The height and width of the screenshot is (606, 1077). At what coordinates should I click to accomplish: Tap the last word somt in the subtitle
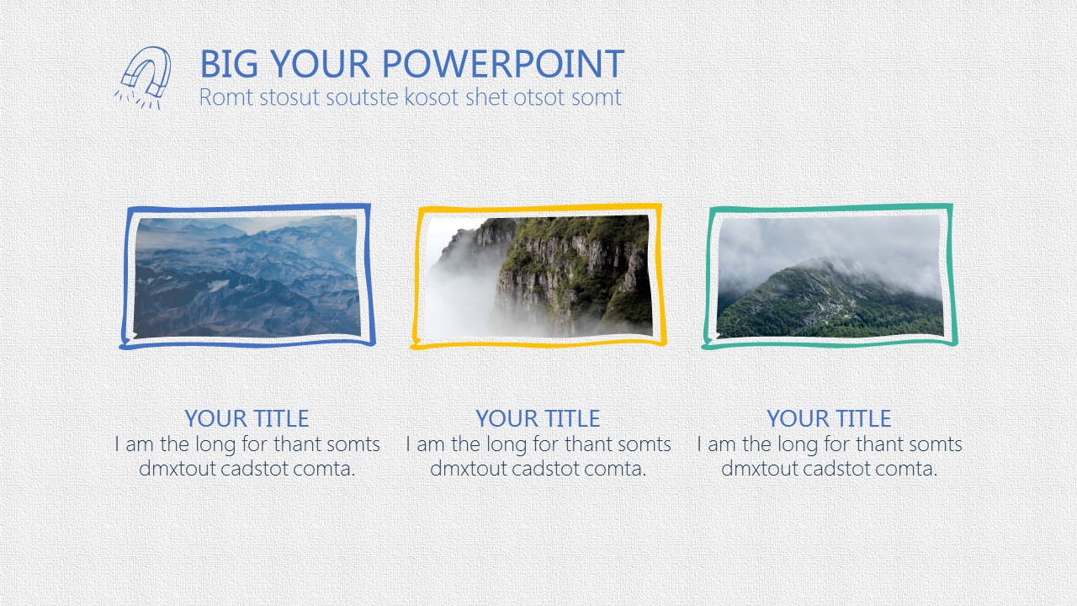597,98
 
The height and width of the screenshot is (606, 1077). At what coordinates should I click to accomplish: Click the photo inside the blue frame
247,277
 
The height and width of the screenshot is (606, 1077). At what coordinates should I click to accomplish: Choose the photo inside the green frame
830,276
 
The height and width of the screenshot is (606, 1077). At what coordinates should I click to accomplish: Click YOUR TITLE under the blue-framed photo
247,418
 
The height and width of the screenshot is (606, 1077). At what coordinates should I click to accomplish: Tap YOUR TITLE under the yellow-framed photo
538,418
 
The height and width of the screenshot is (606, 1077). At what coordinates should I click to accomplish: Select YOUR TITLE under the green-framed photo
829,418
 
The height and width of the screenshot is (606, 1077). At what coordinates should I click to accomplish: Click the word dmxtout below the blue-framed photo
177,469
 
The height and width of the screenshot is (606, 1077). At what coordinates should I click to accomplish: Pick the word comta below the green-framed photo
906,469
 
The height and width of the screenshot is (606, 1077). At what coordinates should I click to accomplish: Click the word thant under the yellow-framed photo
583,444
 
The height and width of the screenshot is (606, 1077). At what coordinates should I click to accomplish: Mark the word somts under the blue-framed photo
353,444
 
